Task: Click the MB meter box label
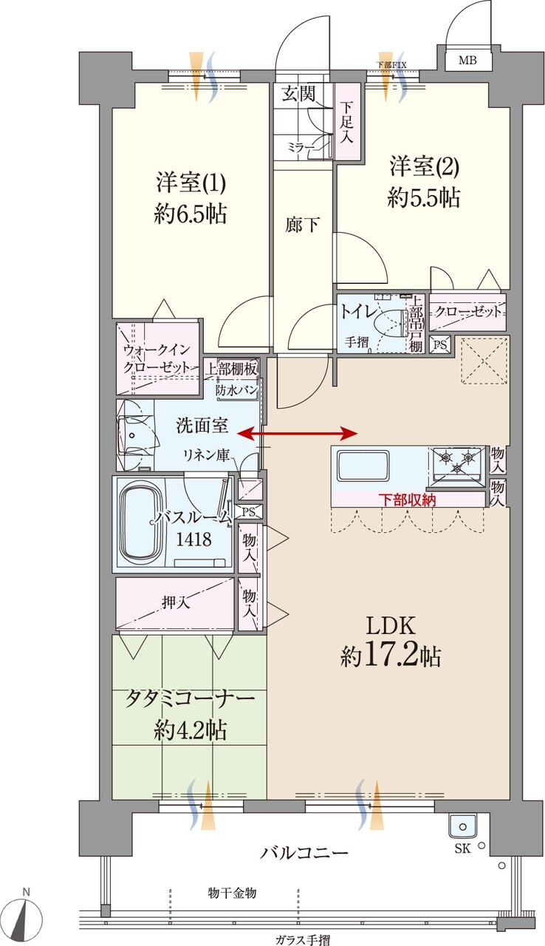coord(467,61)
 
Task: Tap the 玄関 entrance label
coord(298,93)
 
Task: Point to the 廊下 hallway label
coord(303,225)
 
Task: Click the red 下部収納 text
coord(408,500)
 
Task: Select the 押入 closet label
coord(176,602)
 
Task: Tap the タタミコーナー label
coord(190,699)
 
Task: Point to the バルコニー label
coord(304,853)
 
